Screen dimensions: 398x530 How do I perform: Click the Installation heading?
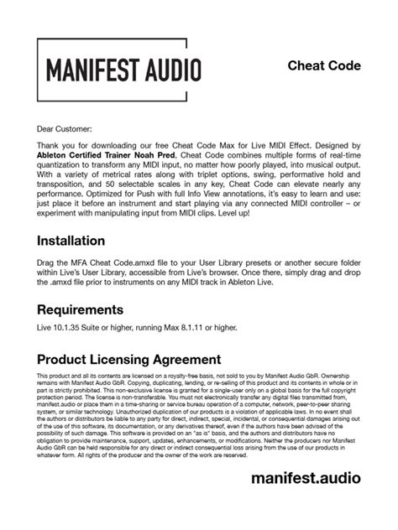82,242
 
